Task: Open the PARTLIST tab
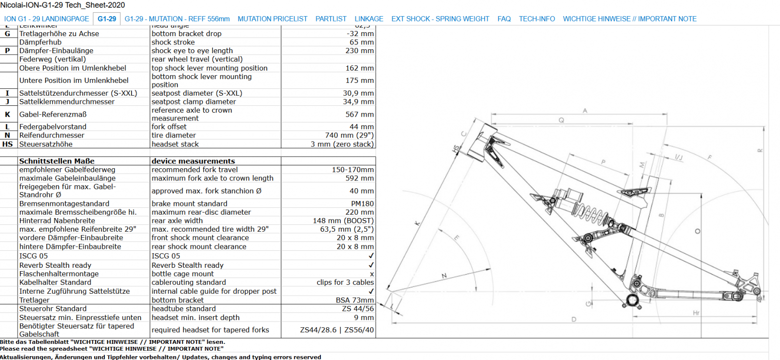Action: (x=331, y=19)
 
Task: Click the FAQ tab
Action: (x=504, y=19)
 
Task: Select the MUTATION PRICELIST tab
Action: (x=272, y=19)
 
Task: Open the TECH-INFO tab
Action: (x=536, y=19)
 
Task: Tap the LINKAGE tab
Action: (x=369, y=19)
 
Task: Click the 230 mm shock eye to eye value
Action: (x=359, y=51)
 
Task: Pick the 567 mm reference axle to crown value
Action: (x=359, y=114)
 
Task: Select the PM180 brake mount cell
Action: (x=362, y=203)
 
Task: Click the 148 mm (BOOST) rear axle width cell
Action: (x=343, y=220)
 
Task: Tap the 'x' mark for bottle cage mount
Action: (x=371, y=274)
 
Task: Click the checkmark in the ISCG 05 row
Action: (x=371, y=256)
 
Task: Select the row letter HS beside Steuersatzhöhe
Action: (x=8, y=144)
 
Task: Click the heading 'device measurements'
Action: (x=193, y=161)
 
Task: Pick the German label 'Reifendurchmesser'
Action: (x=52, y=135)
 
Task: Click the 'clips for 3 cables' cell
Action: (x=345, y=282)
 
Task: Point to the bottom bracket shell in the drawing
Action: (x=632, y=300)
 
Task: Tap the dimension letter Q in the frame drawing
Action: (x=561, y=120)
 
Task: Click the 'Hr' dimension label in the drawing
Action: (x=696, y=313)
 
